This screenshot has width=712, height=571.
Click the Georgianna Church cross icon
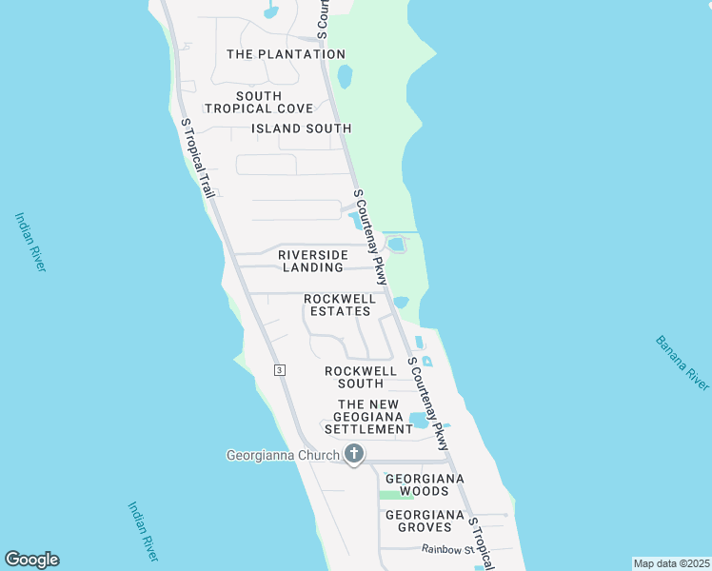click(x=354, y=454)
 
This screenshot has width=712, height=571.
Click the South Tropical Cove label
click(x=259, y=102)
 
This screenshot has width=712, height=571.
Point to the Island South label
click(x=302, y=128)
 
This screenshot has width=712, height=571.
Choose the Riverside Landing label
click(x=313, y=261)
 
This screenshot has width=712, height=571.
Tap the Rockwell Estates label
click(x=340, y=305)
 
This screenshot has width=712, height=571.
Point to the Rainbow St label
click(x=446, y=549)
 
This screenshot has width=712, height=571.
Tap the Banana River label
click(x=682, y=363)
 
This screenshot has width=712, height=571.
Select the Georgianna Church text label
click(x=283, y=455)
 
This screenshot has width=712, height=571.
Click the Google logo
click(x=31, y=560)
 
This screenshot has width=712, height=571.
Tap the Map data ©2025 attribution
click(x=671, y=563)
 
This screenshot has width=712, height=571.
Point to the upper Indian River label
click(x=30, y=242)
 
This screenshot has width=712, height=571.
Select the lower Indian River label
click(x=143, y=530)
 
